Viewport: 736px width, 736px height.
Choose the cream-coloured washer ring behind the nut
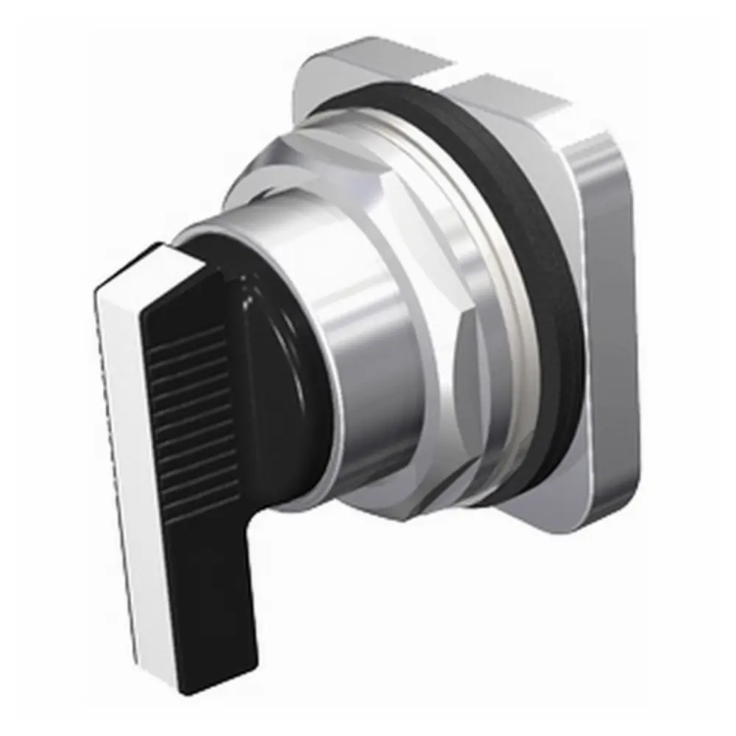508,294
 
